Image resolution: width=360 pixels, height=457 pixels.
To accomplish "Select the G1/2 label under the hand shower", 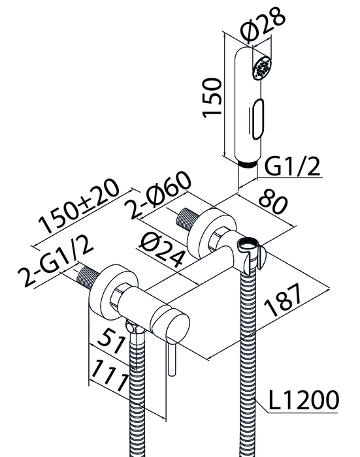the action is coord(292,166).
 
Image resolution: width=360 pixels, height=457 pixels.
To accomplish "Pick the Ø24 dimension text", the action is coord(162,251).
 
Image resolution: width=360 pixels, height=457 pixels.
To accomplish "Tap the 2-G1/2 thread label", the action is coord(56,260).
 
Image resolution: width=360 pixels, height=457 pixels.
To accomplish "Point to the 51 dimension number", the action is coord(112,340).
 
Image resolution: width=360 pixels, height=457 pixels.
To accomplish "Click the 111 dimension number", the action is coord(110,376).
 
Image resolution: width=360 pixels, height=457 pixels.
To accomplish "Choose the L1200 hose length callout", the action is coord(303,400).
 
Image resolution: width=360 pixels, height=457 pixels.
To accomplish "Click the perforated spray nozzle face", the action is coord(263,67).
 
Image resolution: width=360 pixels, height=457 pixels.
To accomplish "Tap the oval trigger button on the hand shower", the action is coord(257,119).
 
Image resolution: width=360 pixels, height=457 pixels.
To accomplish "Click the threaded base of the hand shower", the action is coord(248,163).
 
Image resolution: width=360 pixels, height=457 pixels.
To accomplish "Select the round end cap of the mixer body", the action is coord(171,325).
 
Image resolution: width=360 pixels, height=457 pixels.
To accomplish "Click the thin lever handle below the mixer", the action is coord(171,359).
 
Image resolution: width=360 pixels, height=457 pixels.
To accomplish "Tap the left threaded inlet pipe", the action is coord(88,277).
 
